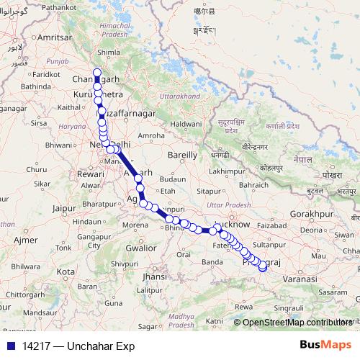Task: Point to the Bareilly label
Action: [x=182, y=155]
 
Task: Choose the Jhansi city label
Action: [x=154, y=276]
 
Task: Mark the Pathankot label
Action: [x=44, y=6]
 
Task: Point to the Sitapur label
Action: [x=210, y=192]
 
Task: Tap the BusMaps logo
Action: [x=325, y=345]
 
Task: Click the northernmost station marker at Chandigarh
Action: [x=96, y=71]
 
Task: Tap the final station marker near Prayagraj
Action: [x=263, y=268]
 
